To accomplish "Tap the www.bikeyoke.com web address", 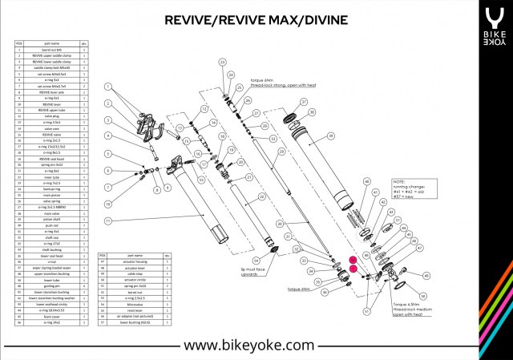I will pos(248,345).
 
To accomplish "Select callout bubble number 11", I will pos(107,220).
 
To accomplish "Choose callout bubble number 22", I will pos(261,196).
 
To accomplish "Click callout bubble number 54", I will pos(256,260).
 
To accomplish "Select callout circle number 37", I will pos(303,102).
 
